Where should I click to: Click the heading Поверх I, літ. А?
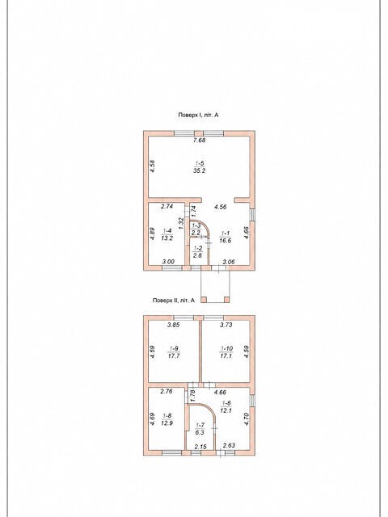pos(199,115)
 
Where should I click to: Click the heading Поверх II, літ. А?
pos(174,301)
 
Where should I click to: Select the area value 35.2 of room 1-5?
pos(200,170)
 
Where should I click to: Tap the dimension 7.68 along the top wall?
pos(200,140)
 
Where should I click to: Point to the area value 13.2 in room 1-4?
pos(167,239)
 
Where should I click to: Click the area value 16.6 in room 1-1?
pos(225,241)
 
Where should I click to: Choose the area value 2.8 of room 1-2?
pos(197,254)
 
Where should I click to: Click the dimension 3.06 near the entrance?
pos(229,262)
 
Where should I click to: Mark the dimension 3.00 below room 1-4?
pos(168,262)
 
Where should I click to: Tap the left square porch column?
pos(204,300)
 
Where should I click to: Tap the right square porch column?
pos(226,300)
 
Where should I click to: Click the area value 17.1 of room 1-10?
pos(226,356)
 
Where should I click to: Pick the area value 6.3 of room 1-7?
pos(200,432)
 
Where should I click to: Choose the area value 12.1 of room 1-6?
pos(226,410)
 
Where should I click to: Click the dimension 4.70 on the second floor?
pos(246,418)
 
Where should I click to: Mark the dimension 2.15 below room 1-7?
pos(200,447)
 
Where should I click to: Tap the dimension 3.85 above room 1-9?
pos(174,325)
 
